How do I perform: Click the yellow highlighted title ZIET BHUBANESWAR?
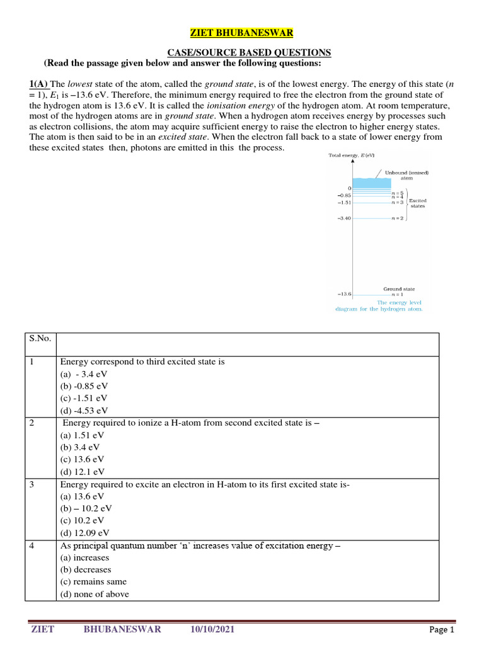tap(242, 33)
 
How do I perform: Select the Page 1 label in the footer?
tap(441, 629)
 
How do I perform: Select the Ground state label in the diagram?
tap(399, 288)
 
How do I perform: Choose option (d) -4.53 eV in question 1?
tap(84, 410)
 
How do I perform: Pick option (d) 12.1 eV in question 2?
tap(82, 471)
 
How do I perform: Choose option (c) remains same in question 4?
tap(93, 581)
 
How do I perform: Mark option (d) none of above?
tap(95, 594)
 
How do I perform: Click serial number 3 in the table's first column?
tap(32, 484)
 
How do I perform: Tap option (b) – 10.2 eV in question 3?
tap(86, 508)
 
